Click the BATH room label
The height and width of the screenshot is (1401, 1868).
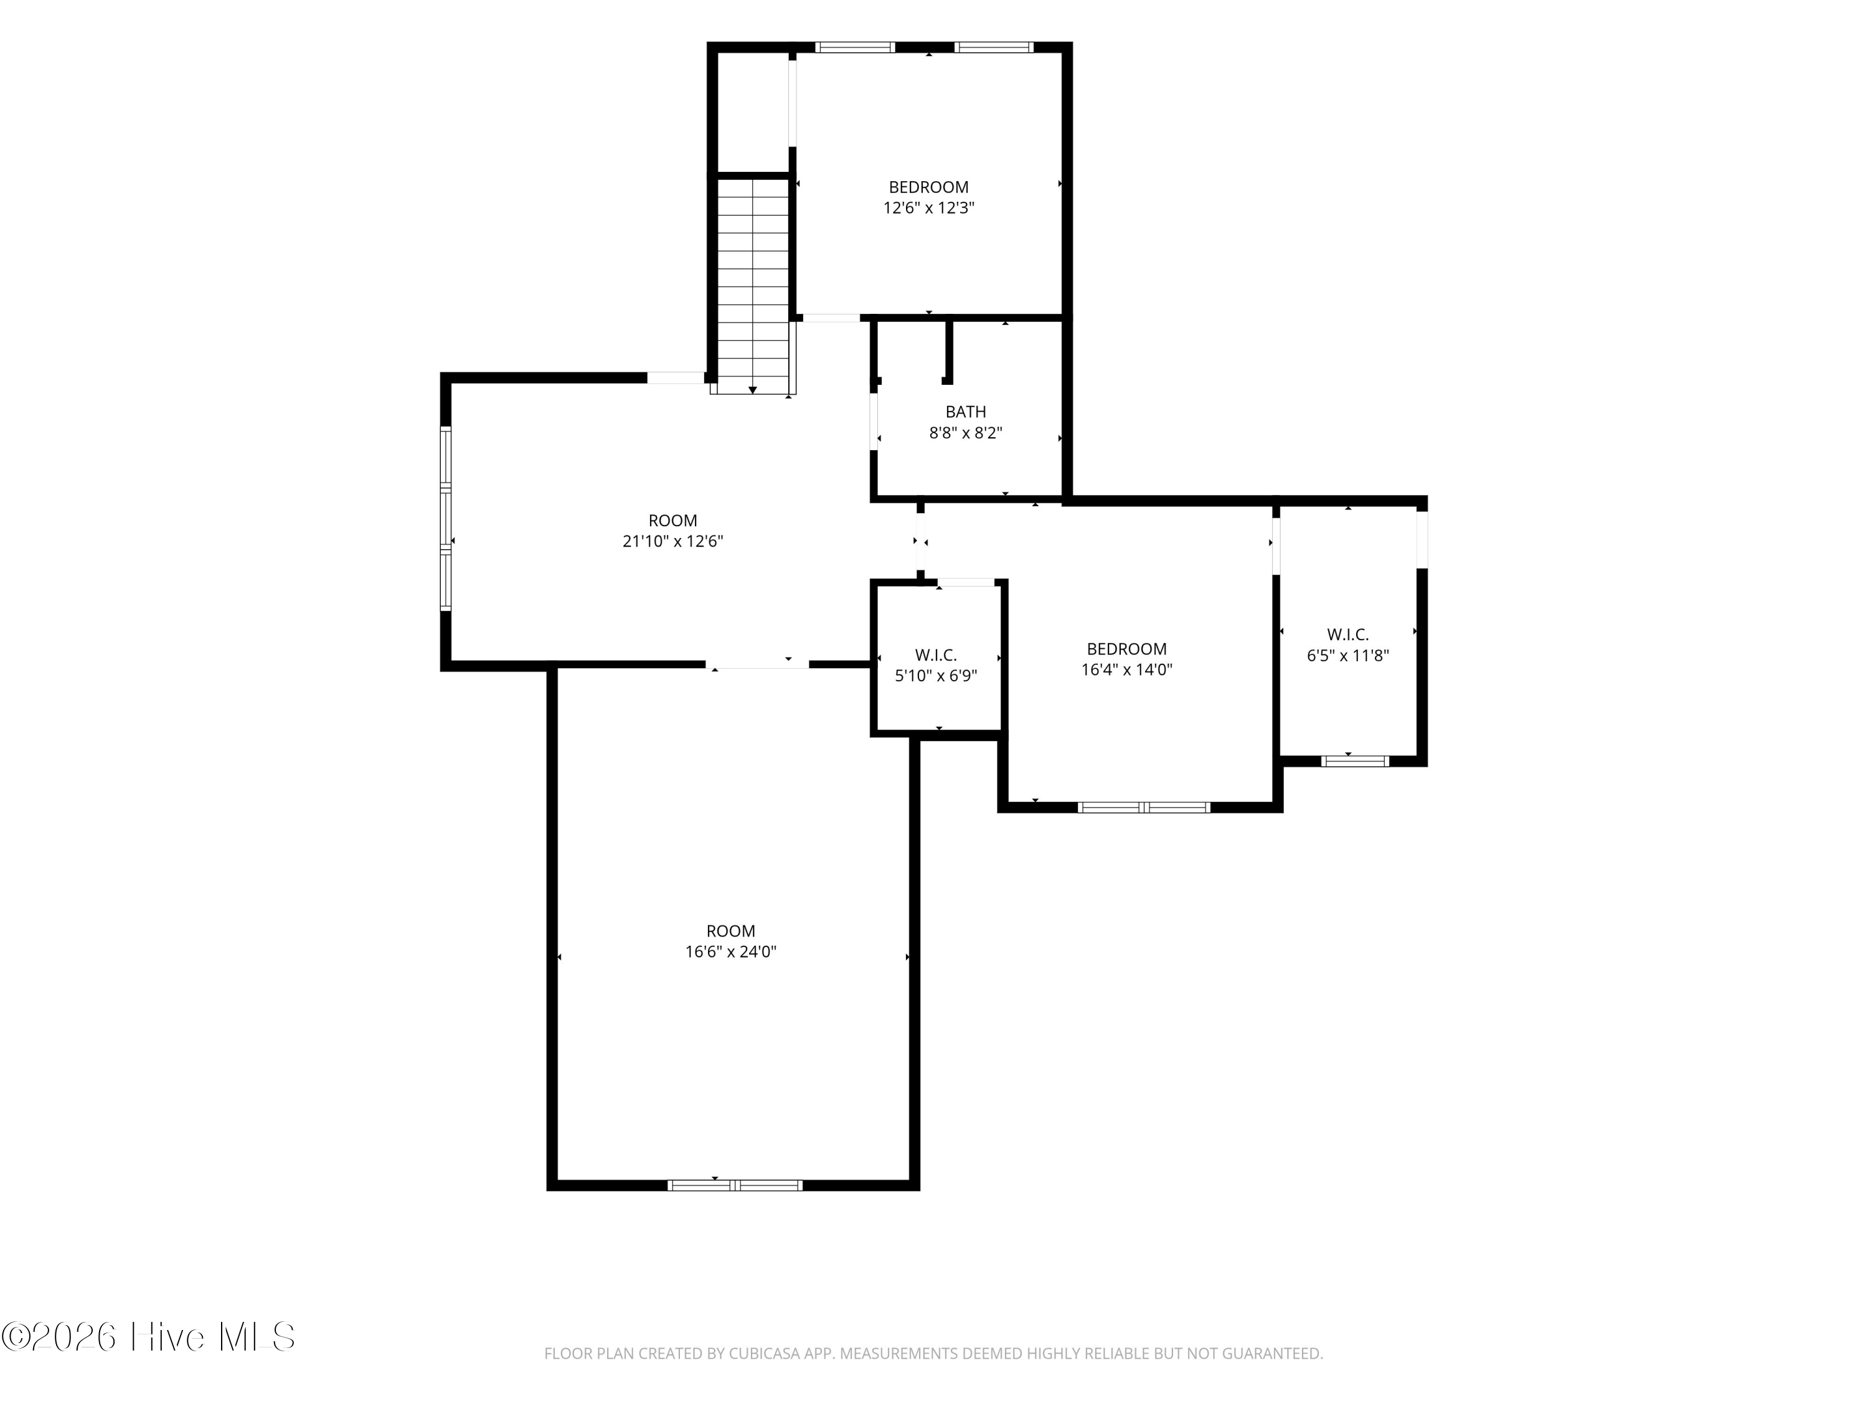pos(965,412)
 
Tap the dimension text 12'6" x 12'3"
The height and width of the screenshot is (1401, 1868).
pos(929,208)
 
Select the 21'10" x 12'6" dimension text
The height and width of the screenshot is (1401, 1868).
pos(673,541)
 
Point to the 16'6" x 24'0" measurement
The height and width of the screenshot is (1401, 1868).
pos(730,951)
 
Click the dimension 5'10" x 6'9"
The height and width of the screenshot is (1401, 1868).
pos(936,676)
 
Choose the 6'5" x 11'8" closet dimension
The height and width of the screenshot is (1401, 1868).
pos(1348,655)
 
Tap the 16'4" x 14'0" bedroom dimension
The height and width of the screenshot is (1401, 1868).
pos(1126,669)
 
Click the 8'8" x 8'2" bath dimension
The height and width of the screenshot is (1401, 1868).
pos(965,433)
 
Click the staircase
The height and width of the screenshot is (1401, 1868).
pos(752,285)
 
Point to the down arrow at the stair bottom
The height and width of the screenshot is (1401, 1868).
pos(752,389)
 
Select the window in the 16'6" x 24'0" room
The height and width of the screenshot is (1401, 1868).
pos(735,1185)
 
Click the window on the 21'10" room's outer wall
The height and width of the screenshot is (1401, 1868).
pos(445,517)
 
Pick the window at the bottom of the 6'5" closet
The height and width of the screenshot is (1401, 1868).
pos(1354,761)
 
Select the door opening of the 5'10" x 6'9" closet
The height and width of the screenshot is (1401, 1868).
pos(966,582)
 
